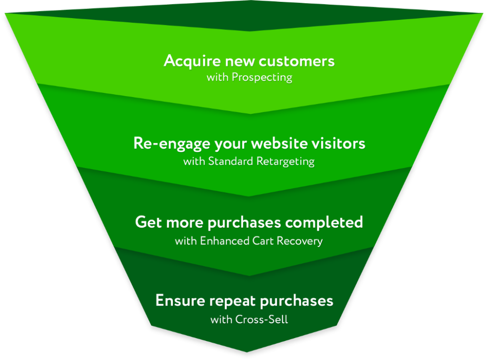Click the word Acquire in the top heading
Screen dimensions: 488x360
[x=192, y=61]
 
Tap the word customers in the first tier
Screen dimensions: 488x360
[x=296, y=61]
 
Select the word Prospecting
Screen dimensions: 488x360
[x=262, y=78]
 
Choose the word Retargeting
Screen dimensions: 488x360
[x=285, y=161]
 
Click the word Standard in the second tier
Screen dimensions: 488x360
[x=231, y=161]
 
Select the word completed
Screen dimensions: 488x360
[x=324, y=222]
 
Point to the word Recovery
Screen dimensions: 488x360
[x=299, y=241]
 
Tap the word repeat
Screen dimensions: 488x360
[x=233, y=301]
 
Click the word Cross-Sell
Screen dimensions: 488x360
[x=262, y=320]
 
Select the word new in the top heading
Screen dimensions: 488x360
[x=240, y=62]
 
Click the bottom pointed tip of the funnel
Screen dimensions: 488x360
[x=247, y=352]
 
